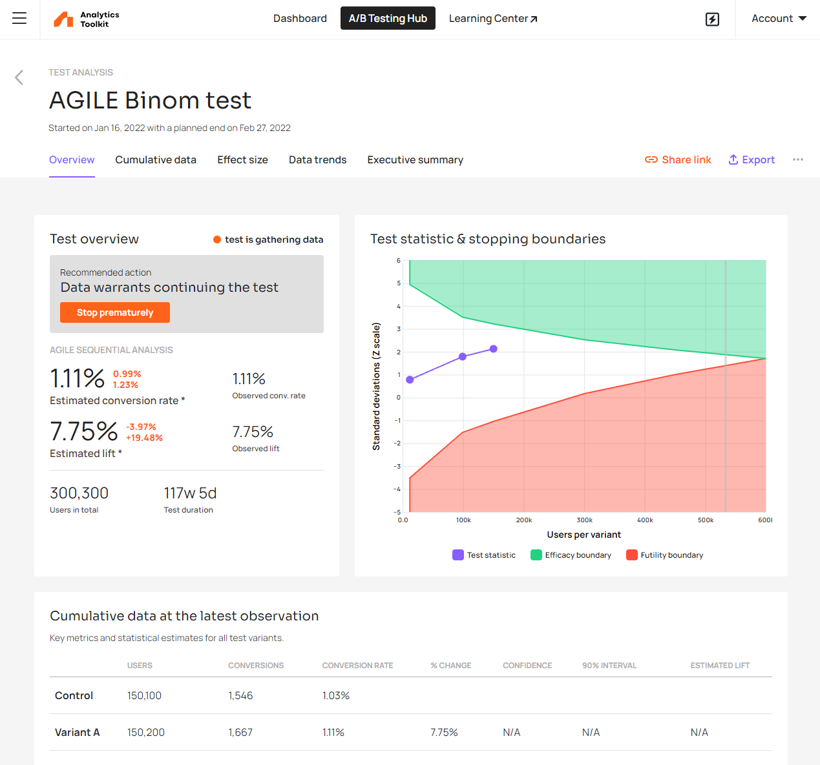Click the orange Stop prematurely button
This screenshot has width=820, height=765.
point(115,312)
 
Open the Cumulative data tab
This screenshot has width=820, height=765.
point(156,159)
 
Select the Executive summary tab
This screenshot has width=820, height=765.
point(415,159)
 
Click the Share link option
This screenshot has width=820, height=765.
point(678,159)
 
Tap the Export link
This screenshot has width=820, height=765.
point(752,159)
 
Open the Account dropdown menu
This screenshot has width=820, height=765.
point(779,19)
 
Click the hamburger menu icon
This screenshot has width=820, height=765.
point(19,19)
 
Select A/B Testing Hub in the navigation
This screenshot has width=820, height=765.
point(388,19)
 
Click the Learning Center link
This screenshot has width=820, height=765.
point(493,19)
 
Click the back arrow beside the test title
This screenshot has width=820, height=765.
point(19,77)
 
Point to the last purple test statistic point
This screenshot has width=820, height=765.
point(494,349)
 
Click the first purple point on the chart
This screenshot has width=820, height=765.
point(410,380)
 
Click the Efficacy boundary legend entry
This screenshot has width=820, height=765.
point(571,555)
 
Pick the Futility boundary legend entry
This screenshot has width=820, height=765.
point(665,555)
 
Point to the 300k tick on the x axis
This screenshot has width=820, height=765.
point(584,520)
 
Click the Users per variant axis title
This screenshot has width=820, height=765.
point(583,535)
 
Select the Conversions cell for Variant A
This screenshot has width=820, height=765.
point(240,732)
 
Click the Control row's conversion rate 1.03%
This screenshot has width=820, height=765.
point(336,695)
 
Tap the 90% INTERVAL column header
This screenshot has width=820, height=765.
point(609,666)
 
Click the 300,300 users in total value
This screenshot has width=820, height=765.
point(79,493)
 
